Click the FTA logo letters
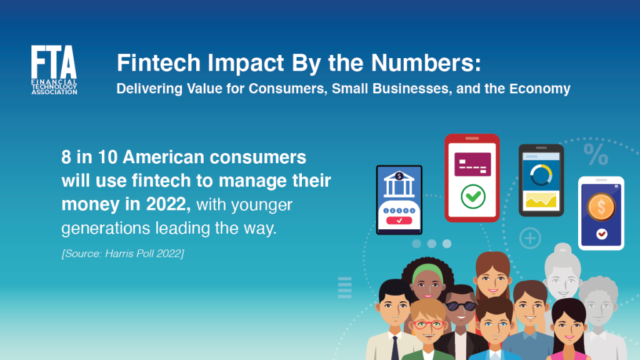tap(54, 62)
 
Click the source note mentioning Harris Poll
tap(122, 254)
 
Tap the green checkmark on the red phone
tap(473, 197)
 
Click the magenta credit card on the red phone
tap(472, 164)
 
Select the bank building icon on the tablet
tap(399, 184)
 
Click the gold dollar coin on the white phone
tap(601, 206)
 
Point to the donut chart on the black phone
tap(541, 175)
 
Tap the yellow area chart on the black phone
tap(541, 201)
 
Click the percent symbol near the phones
tap(596, 154)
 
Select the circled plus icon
tap(530, 238)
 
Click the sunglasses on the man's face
tap(461, 306)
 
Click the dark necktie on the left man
tap(395, 347)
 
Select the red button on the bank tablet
tap(399, 221)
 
